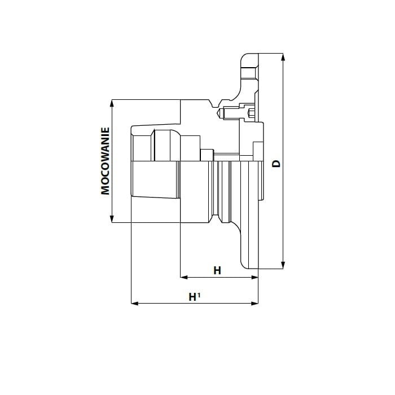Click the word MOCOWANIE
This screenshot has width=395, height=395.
coord(105,161)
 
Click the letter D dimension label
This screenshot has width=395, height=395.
coord(276,164)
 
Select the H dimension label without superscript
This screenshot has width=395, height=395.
coord(217,270)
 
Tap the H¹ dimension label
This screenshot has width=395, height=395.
coord(195,297)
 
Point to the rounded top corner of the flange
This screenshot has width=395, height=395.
coord(244,57)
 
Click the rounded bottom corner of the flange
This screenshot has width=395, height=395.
coord(244,265)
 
